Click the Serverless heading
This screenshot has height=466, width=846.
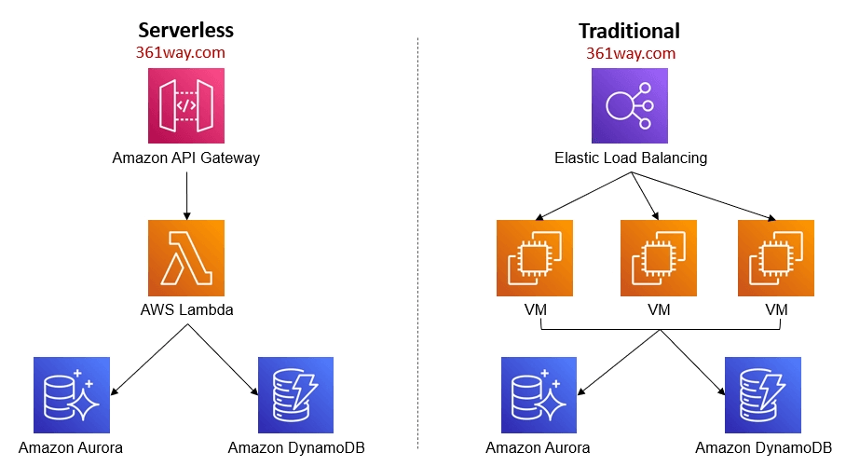point(185,30)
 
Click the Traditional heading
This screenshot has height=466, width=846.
point(629,30)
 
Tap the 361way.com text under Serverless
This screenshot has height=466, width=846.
point(181,52)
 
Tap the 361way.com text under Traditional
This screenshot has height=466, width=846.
point(631,52)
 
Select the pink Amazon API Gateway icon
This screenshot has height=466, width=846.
point(185,106)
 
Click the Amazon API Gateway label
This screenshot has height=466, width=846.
point(185,158)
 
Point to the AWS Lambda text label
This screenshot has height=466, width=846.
point(185,309)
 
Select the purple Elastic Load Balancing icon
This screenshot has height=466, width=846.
point(630,106)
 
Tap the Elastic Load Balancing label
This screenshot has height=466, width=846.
point(630,158)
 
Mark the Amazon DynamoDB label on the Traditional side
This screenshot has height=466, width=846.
point(763,447)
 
